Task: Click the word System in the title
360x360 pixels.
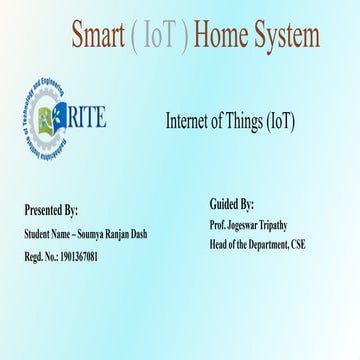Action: pyautogui.click(x=289, y=38)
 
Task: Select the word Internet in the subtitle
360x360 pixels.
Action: pyautogui.click(x=188, y=121)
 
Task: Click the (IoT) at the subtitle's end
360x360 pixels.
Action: pyautogui.click(x=282, y=121)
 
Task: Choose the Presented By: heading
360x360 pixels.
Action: pyautogui.click(x=51, y=210)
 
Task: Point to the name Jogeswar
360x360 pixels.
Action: pyautogui.click(x=244, y=227)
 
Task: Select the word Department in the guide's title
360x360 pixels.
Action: pyautogui.click(x=264, y=244)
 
